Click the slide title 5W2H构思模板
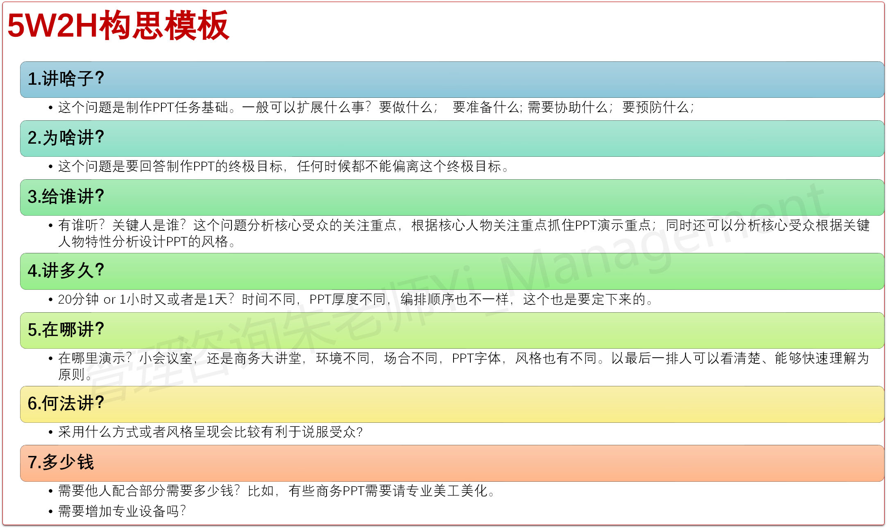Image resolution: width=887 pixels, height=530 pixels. pos(118,25)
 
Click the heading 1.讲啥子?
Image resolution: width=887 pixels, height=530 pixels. pos(66,79)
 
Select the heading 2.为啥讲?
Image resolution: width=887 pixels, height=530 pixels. pos(66,138)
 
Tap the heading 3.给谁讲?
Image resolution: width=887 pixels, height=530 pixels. pos(66,196)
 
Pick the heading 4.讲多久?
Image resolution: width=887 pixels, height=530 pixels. pos(66,271)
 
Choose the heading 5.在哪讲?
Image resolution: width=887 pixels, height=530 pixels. pos(66,329)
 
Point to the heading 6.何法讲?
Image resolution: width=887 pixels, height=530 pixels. pos(66,403)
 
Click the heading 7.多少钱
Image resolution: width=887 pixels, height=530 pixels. pos(61,462)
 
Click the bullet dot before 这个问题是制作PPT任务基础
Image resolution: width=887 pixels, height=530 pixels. pos(50,108)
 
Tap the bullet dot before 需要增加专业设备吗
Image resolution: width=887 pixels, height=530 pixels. pos(50,512)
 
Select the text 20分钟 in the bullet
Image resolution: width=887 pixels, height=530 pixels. pos(78,299)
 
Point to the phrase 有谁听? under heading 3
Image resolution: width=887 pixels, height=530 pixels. pos(82,225)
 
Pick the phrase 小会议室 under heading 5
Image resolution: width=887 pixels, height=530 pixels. pos(166,358)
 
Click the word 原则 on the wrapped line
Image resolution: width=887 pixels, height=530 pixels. pos(71,374)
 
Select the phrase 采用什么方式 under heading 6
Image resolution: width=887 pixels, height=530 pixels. pos(99,432)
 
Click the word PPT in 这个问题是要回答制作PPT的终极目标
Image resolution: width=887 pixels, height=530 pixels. pos(204,166)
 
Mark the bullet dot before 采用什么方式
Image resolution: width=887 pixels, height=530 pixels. pos(50,432)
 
